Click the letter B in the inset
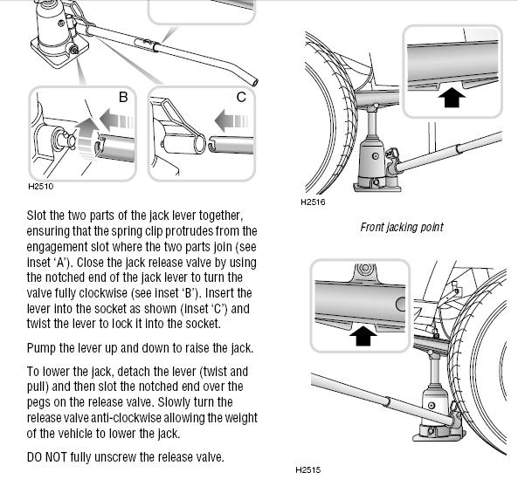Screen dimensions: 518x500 123,98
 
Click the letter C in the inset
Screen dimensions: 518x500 241,98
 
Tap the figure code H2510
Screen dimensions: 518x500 41,187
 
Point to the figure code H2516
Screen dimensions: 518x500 313,202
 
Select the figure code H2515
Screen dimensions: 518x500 307,470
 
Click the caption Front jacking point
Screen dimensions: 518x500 402,227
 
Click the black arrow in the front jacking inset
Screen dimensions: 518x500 452,98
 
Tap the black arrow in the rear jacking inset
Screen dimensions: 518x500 363,336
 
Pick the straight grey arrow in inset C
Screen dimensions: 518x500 231,120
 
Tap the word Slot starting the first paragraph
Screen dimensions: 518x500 37,216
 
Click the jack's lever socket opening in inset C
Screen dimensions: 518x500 200,144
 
